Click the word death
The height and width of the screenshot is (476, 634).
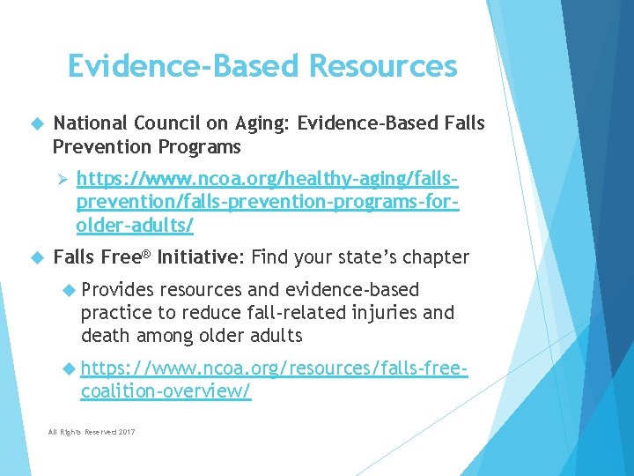[104, 335]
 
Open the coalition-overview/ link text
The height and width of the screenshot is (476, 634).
[166, 390]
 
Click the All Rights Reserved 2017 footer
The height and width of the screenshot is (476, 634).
[92, 431]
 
